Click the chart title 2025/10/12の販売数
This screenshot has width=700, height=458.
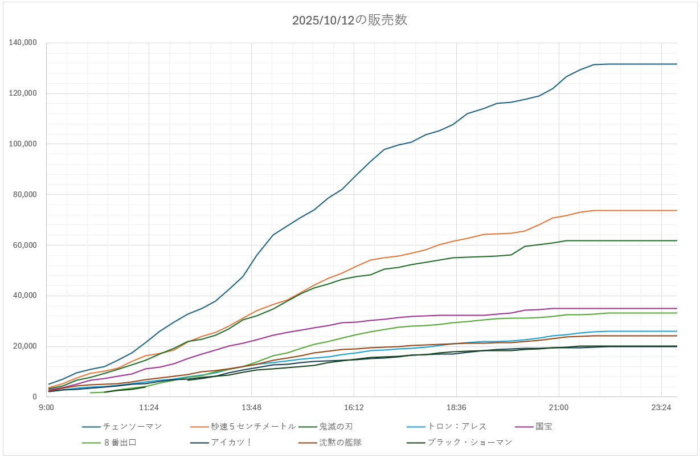tap(350, 21)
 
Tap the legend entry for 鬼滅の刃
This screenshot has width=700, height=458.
tap(337, 426)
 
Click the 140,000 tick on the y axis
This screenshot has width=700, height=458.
tap(23, 43)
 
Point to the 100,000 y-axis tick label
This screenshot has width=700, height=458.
tap(23, 144)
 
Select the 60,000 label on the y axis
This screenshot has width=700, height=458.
tap(26, 245)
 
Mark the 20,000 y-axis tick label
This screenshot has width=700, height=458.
tap(26, 346)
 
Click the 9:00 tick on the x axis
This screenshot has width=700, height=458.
tap(46, 407)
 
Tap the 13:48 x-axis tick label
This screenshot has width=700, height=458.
tap(251, 407)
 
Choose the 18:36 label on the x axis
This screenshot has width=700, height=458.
tap(456, 407)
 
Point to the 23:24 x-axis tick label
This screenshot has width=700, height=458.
tap(661, 407)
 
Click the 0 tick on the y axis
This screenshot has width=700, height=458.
tap(35, 397)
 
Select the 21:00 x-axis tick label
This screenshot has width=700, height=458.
tap(558, 407)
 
